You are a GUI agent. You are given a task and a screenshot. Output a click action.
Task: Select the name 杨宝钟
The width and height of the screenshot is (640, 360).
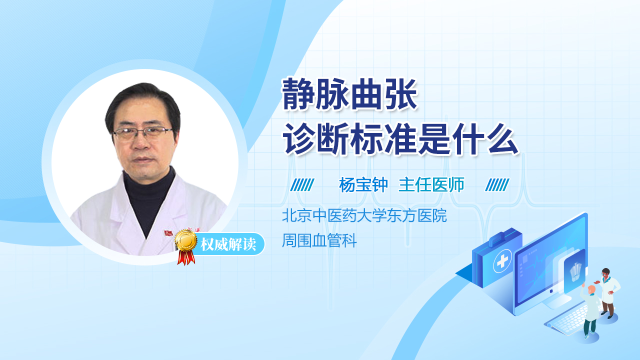(363, 185)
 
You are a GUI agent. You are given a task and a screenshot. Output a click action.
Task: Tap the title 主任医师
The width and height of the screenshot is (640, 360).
(431, 185)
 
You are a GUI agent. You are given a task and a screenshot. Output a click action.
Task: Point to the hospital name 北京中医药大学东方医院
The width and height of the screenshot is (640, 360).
(364, 216)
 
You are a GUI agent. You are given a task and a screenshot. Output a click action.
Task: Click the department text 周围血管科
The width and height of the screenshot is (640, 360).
(319, 241)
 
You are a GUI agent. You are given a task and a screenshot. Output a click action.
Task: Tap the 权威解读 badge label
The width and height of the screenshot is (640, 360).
(228, 245)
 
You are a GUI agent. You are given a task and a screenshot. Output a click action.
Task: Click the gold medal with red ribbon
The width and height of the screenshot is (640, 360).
(185, 245)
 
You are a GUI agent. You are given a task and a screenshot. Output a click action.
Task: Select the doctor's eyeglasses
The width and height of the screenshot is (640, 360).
(142, 133)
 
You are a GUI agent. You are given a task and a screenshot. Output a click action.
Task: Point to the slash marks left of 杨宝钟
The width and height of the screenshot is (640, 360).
(302, 185)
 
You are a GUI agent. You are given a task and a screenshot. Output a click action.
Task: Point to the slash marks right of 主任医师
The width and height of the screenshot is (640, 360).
(497, 185)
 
